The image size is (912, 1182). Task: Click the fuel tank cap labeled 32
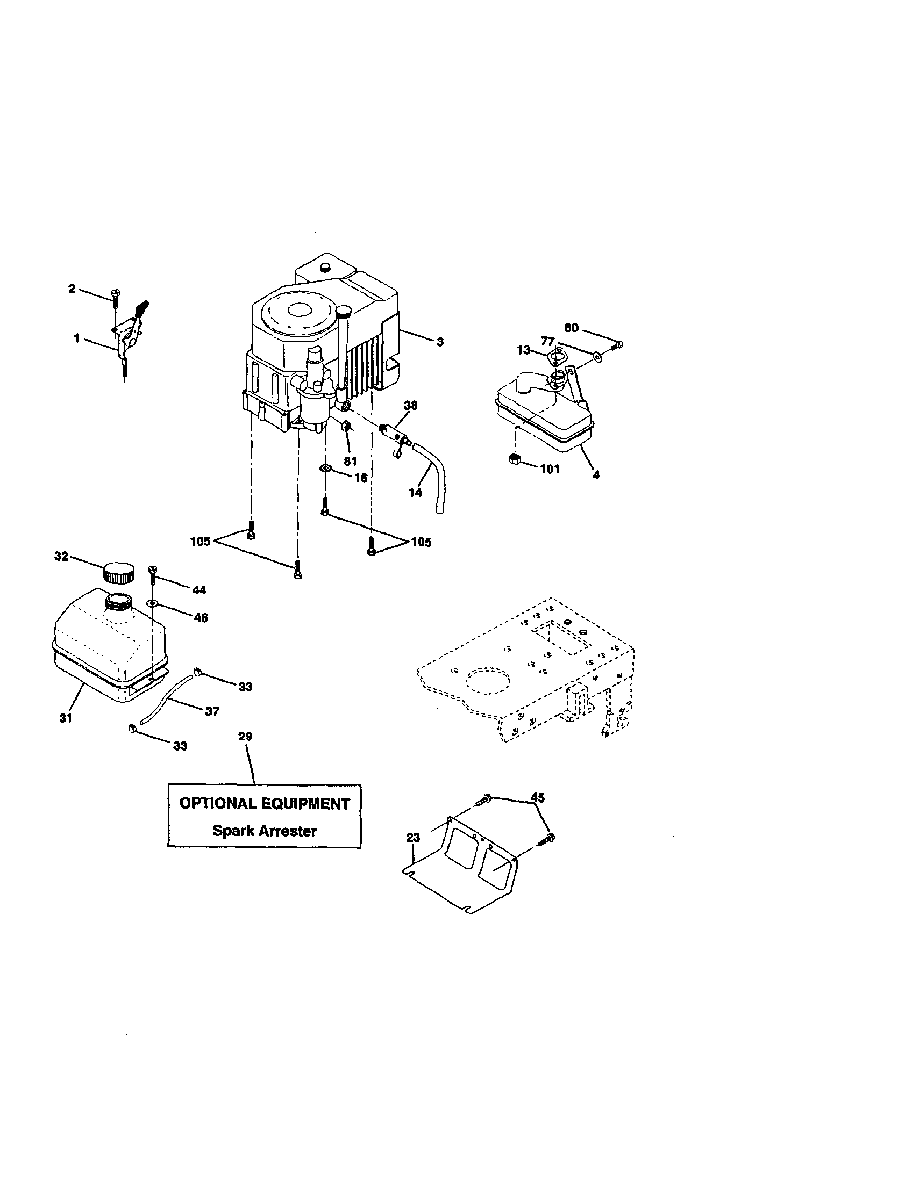click(118, 573)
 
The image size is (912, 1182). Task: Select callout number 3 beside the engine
click(440, 342)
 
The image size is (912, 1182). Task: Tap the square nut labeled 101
click(515, 460)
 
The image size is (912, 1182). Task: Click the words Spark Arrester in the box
click(264, 831)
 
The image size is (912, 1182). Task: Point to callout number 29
click(245, 737)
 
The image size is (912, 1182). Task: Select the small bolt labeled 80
click(618, 344)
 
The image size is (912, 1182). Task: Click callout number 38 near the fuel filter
click(410, 405)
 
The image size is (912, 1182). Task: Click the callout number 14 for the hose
click(415, 493)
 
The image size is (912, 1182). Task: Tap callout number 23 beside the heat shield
click(412, 838)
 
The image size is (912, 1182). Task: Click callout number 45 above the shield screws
click(537, 797)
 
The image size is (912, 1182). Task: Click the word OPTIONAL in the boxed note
click(218, 804)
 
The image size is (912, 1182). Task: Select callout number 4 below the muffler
click(596, 475)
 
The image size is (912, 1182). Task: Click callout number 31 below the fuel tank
click(66, 718)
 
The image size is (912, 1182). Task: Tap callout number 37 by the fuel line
click(212, 711)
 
